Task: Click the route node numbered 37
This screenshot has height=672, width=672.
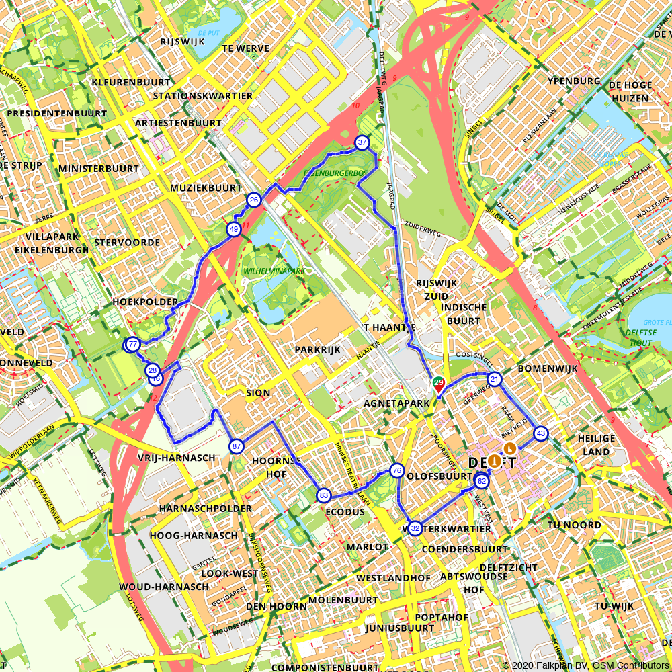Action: point(362,142)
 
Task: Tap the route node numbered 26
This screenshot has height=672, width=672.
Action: point(254,200)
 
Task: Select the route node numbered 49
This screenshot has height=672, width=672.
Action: point(234,229)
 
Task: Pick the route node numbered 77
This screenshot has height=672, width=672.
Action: point(133,345)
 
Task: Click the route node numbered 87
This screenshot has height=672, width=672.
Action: point(236,446)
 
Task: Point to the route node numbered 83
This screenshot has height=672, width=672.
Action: point(324,495)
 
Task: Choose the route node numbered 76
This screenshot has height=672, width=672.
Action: point(396,470)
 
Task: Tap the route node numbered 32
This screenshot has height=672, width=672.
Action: point(415,528)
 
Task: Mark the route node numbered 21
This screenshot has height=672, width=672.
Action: point(495,380)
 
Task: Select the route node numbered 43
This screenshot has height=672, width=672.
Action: point(541,433)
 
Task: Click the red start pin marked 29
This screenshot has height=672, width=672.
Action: point(439,385)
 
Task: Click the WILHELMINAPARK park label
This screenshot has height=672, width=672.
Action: point(274,271)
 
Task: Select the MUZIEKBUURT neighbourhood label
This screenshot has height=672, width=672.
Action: point(206,188)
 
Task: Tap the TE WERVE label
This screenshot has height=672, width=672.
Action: point(246,48)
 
